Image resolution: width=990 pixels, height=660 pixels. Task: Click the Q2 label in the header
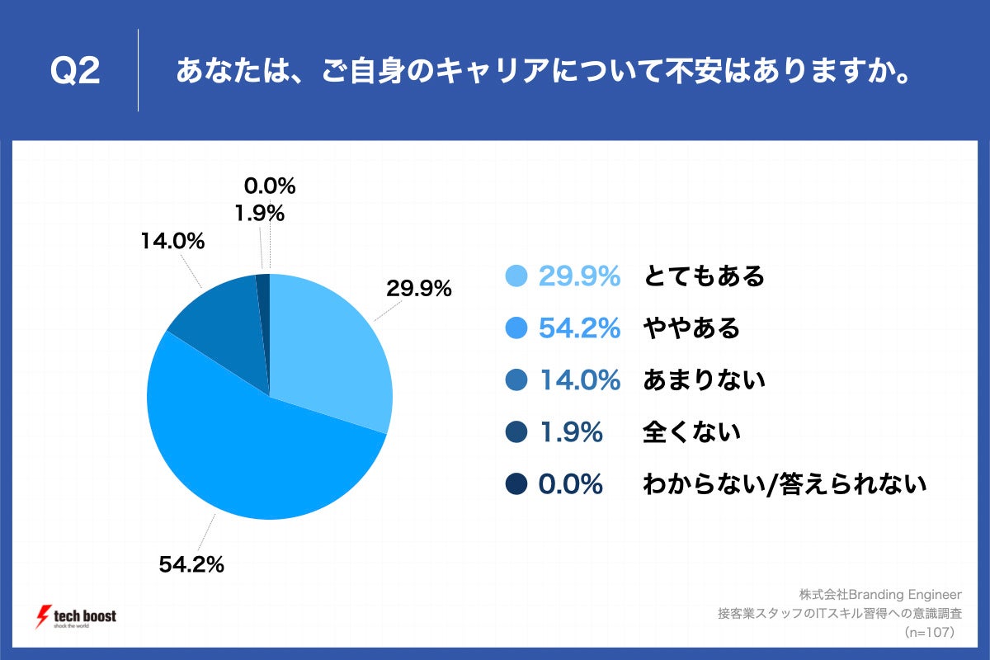[75, 72]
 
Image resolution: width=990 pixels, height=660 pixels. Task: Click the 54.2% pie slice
[264, 462]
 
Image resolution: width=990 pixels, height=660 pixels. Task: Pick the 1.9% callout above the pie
[259, 214]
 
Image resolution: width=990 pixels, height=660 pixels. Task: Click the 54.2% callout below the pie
[191, 565]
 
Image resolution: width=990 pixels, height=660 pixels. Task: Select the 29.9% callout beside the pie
[419, 289]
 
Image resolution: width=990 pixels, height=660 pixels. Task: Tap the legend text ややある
[691, 328]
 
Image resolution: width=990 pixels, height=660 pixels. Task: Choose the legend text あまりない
[704, 380]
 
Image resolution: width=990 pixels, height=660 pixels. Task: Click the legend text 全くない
[691, 432]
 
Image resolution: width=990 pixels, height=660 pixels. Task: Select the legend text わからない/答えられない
[785, 484]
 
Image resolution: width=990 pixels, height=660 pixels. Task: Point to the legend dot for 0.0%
[517, 484]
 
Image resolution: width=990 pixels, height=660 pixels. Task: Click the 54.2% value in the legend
[578, 328]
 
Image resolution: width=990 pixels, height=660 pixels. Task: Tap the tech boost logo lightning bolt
[42, 616]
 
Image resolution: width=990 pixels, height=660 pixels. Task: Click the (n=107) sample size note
[929, 633]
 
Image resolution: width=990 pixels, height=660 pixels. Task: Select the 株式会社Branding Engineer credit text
[880, 594]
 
